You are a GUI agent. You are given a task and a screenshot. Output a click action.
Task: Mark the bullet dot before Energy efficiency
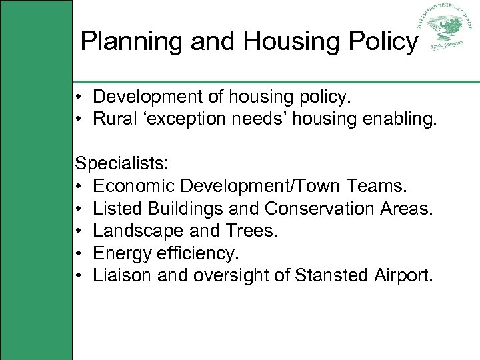(x=79, y=254)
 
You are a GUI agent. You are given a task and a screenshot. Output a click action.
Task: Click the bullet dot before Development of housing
(x=79, y=98)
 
